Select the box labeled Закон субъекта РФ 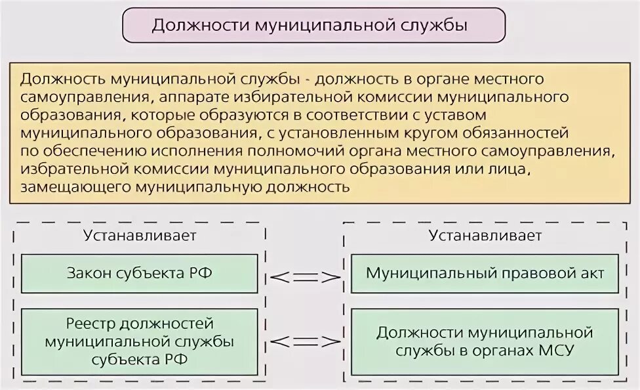140,273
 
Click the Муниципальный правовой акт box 485,273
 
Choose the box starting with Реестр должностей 140,341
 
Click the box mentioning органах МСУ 485,341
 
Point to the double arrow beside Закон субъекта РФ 305,276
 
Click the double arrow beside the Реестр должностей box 305,341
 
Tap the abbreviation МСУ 557,351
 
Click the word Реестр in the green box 88,324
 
